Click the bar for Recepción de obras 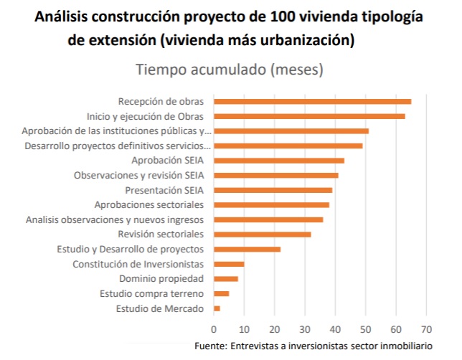click(312, 101)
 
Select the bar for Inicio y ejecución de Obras click(309, 115)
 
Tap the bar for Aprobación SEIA click(279, 160)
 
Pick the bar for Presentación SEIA click(273, 190)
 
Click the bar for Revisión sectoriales click(262, 234)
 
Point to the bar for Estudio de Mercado click(217, 308)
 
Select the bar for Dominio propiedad click(226, 278)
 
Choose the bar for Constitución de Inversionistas click(229, 264)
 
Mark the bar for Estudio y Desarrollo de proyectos click(247, 249)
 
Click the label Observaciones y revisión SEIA click(139, 175)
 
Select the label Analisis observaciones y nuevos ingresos click(115, 219)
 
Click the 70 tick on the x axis click(426, 329)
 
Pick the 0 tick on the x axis click(214, 329)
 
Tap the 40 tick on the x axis click(335, 329)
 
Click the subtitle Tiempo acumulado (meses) click(229, 70)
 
